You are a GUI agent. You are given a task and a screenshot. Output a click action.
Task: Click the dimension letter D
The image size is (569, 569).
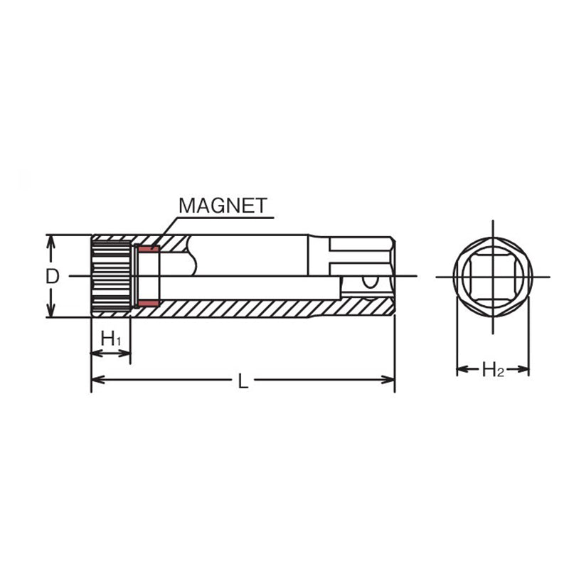tap(52, 276)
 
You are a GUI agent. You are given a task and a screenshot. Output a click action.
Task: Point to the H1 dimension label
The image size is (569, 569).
tap(111, 339)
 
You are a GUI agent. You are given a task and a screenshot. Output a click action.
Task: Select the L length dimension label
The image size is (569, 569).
tap(243, 381)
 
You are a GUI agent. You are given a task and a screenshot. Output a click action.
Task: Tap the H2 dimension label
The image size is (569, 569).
tap(493, 369)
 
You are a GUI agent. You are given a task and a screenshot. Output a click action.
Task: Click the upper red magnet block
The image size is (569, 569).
tap(149, 249)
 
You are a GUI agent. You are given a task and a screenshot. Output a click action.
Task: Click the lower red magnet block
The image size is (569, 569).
tap(149, 304)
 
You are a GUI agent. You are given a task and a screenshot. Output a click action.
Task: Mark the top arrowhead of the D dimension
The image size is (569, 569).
tap(50, 240)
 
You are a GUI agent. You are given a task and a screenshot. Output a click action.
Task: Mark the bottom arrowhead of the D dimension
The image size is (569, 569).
tap(50, 312)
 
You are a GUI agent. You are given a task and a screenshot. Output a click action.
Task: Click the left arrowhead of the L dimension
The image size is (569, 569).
tap(95, 380)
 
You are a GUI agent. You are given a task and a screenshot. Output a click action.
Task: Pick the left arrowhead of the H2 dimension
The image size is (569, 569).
tap(460, 369)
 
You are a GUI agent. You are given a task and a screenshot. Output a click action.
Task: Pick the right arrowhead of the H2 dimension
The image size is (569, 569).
tap(526, 369)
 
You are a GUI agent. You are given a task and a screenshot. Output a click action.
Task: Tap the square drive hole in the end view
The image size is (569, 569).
tap(492, 276)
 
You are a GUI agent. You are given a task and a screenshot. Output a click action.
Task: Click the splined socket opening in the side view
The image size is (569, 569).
tap(112, 276)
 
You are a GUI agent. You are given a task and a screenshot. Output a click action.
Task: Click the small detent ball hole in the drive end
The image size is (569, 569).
tap(369, 282)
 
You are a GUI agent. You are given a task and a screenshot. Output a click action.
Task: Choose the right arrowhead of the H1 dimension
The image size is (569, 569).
tap(127, 352)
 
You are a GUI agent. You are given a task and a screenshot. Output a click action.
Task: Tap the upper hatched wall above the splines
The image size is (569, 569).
tap(114, 238)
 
